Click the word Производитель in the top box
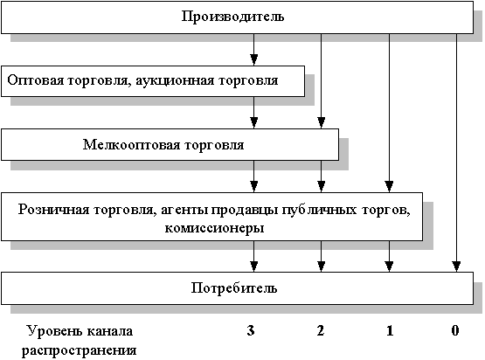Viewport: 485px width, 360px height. pos(232,17)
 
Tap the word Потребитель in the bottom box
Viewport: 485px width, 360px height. pos(234,288)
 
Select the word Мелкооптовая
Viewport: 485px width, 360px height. pos(131,145)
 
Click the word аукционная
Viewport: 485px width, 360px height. pos(175,80)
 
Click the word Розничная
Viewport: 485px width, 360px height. pos(53,210)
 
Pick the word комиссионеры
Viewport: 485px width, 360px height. pos(214,229)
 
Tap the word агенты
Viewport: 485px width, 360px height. pos(184,211)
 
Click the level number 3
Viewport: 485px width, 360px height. pos(251,330)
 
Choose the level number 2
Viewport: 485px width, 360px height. pos(321,330)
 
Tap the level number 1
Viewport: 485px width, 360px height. pos(390,330)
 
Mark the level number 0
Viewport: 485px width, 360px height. pos(455,330)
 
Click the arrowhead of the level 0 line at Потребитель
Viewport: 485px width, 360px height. pos(456,267)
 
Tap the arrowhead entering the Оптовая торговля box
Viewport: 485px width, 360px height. pos(254,60)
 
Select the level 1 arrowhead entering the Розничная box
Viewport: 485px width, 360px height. pos(390,187)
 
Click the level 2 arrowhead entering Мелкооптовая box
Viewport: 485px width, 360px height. pos(322,123)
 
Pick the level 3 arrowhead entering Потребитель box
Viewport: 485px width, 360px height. pos(254,267)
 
